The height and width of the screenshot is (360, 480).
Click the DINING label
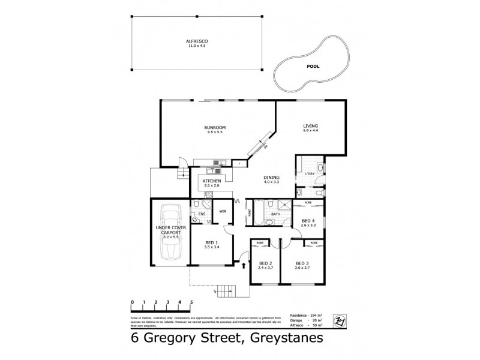(271, 178)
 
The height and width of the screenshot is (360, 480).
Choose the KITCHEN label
(212, 181)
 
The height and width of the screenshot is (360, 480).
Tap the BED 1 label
(211, 243)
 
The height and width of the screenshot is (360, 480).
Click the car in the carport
(170, 232)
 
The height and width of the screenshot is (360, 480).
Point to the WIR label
(222, 211)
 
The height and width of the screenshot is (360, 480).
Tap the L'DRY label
(310, 174)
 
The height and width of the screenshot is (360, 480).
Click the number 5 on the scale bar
(191, 302)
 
